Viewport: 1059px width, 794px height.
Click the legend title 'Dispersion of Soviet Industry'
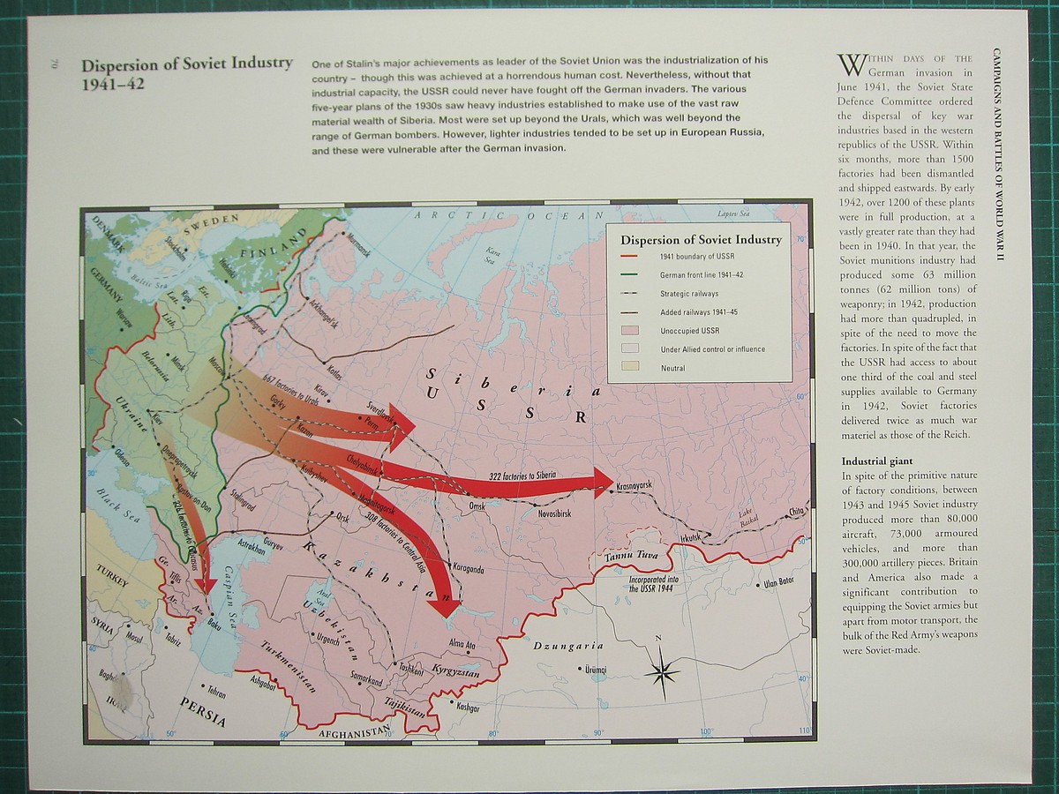[701, 239]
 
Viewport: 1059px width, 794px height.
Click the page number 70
[54, 64]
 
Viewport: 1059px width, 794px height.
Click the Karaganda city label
[468, 568]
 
